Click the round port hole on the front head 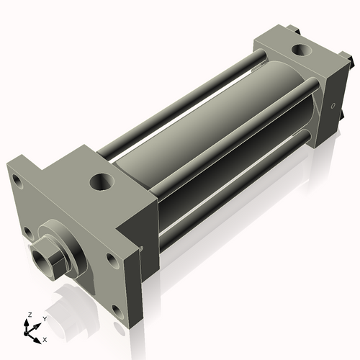click(102, 181)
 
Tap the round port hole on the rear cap click(299, 51)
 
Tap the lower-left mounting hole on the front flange click(27, 231)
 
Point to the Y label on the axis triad click(45, 318)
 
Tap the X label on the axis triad click(45, 338)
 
